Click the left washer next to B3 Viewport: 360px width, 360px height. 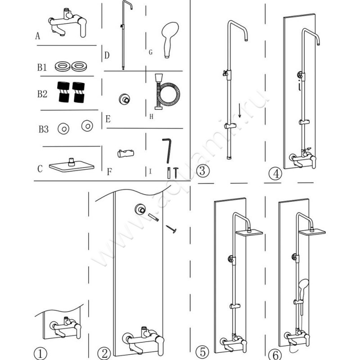click(63, 129)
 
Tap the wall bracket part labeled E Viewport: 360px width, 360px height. click(122, 99)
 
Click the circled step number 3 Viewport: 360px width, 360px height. click(203, 171)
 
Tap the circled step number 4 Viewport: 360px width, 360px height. click(275, 173)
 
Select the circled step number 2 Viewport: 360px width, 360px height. click(104, 353)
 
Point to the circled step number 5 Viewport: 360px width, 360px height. click(203, 351)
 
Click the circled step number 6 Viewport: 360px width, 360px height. click(274, 353)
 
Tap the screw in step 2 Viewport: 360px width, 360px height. click(171, 229)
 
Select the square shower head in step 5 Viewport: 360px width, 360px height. click(248, 233)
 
